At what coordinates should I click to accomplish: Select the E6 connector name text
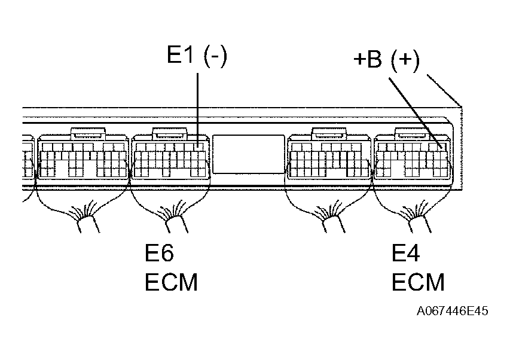click(160, 253)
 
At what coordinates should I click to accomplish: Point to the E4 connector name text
click(406, 253)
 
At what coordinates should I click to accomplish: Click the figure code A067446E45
click(453, 312)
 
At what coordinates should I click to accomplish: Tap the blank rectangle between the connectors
click(248, 154)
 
